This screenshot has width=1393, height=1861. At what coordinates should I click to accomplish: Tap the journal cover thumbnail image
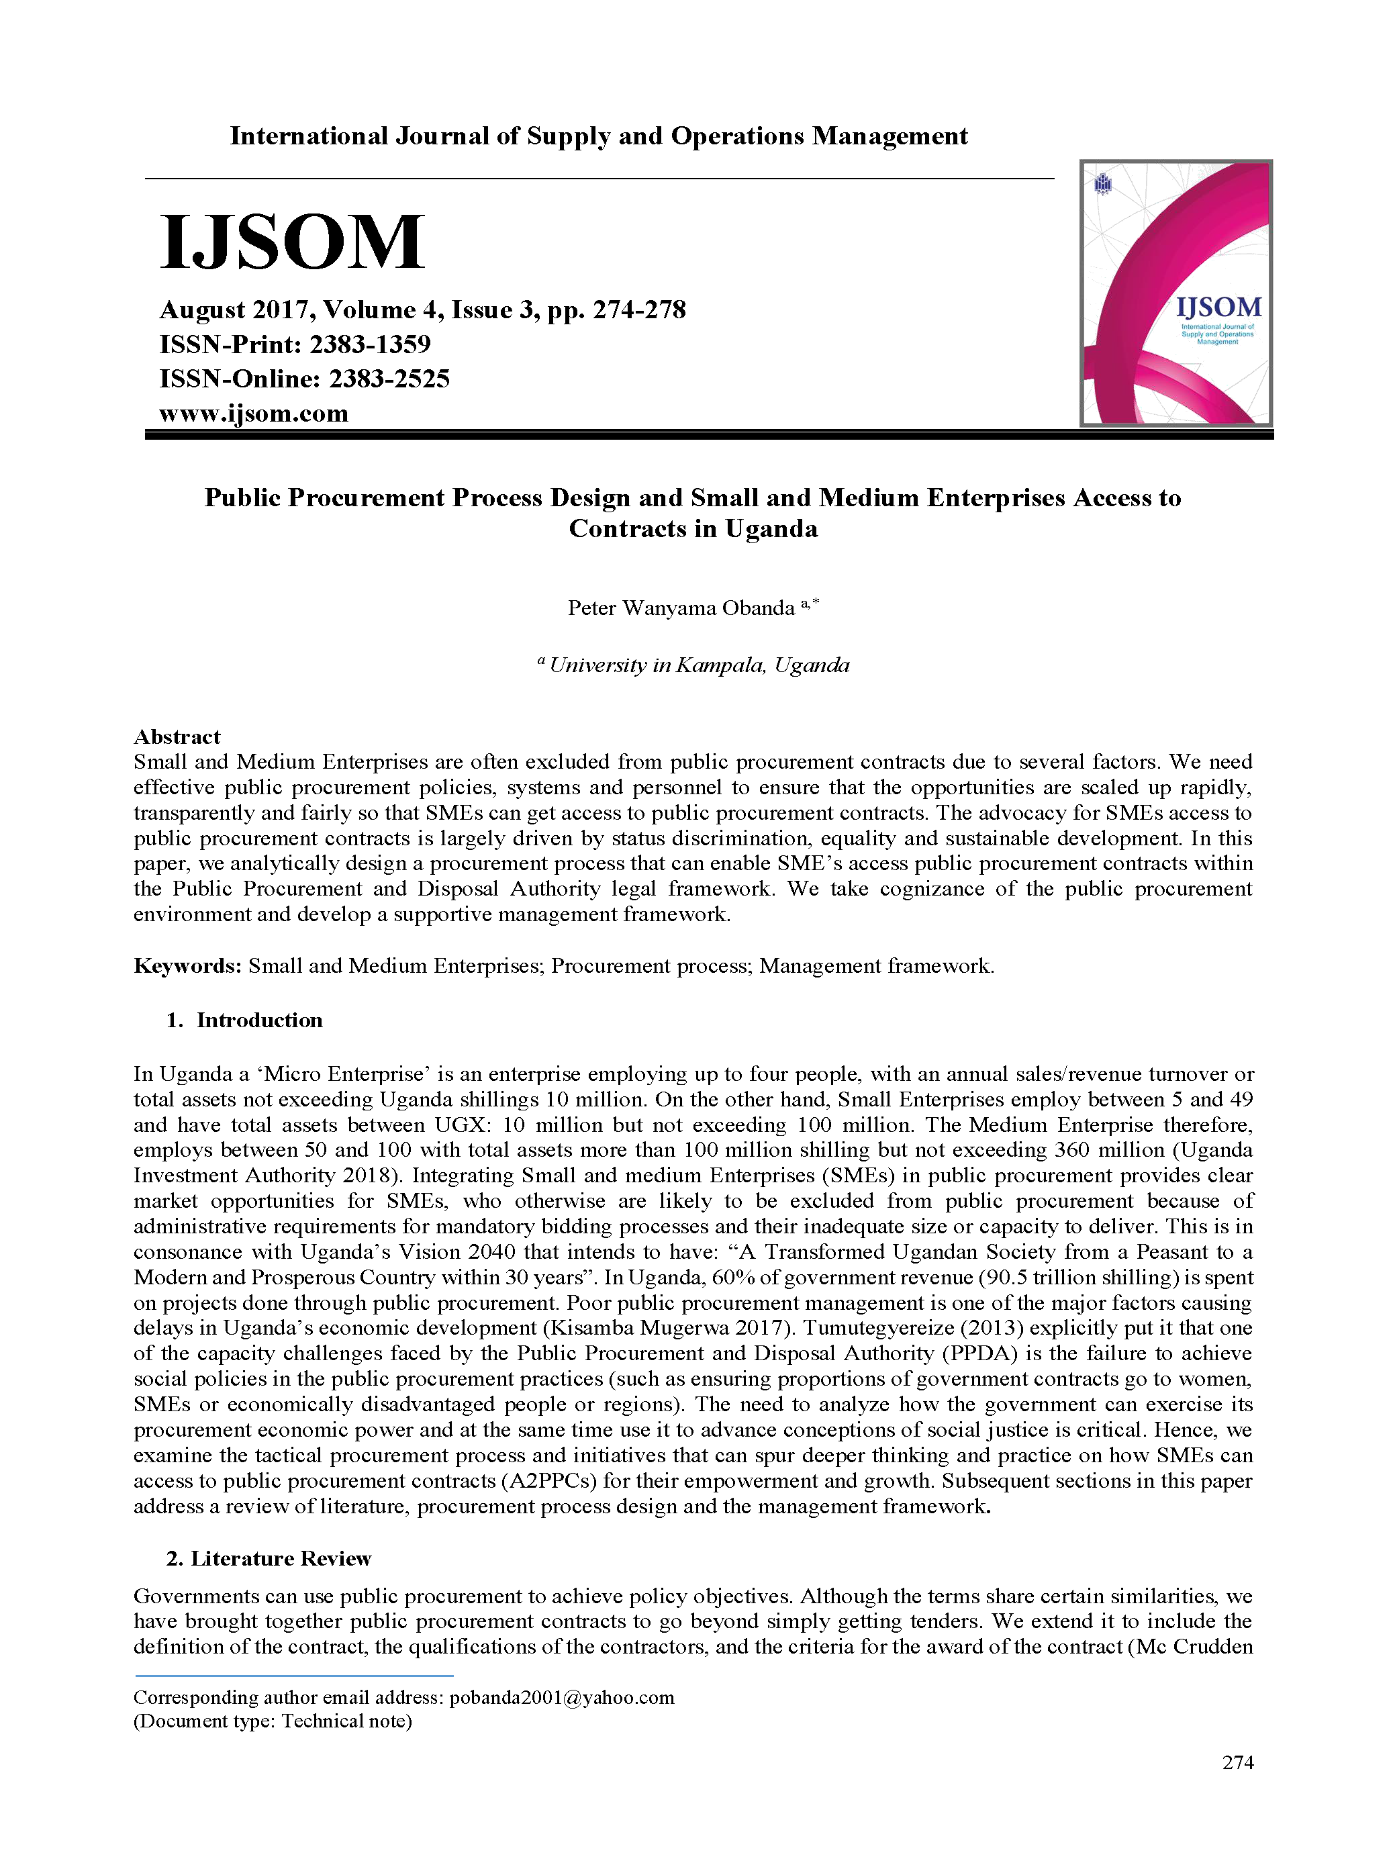[1175, 293]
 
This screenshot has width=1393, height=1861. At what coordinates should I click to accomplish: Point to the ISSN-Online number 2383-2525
[389, 379]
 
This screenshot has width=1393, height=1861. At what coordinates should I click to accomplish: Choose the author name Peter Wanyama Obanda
[681, 608]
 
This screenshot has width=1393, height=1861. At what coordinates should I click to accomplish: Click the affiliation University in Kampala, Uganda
[698, 665]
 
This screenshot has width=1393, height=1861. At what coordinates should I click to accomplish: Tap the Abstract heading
[177, 737]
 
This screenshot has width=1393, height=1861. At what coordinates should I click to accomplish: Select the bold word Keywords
[187, 966]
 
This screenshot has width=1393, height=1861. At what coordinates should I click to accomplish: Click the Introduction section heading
[259, 1020]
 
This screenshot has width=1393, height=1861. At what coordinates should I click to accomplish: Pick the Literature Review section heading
[280, 1559]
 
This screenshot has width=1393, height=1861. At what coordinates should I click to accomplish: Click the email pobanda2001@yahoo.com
[561, 1697]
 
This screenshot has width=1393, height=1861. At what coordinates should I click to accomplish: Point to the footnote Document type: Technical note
[273, 1721]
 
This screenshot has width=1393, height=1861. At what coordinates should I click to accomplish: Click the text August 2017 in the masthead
[237, 309]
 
